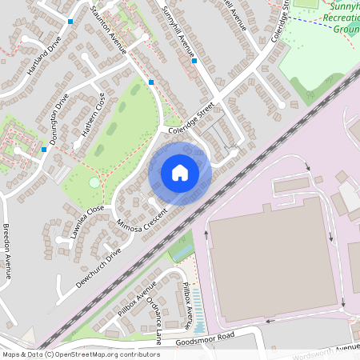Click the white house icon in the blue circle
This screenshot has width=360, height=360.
(x=180, y=172)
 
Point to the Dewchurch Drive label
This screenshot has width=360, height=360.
(x=97, y=262)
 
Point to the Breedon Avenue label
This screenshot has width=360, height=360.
(x=6, y=250)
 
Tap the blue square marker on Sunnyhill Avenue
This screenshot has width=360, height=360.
(x=194, y=60)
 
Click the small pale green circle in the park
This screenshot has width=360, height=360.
(x=94, y=182)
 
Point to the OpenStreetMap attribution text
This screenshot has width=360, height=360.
(x=81, y=354)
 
